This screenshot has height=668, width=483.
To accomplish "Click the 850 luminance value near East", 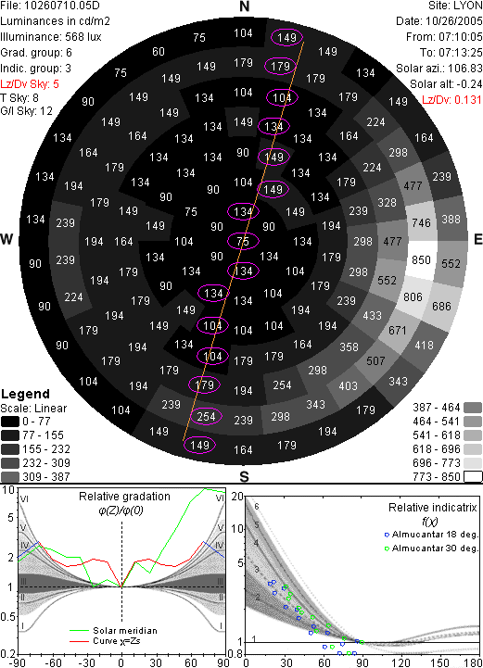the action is pyautogui.click(x=421, y=259).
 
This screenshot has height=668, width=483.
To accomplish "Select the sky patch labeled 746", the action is pyautogui.click(x=421, y=222).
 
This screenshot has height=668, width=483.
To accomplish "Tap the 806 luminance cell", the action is pyautogui.click(x=413, y=296).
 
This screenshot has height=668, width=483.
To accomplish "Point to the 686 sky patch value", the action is pyautogui.click(x=441, y=307).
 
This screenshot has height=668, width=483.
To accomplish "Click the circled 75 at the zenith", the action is pyautogui.click(x=243, y=242).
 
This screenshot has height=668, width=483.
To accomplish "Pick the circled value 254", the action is pyautogui.click(x=206, y=416).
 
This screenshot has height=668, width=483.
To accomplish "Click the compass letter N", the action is pyautogui.click(x=244, y=6).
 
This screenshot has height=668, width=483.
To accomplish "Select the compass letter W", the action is pyautogui.click(x=6, y=239).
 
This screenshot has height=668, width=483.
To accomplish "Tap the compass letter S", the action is pyautogui.click(x=244, y=476).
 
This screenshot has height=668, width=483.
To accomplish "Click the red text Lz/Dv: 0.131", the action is pyautogui.click(x=451, y=100).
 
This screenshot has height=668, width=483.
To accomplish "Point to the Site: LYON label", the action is pyautogui.click(x=455, y=6).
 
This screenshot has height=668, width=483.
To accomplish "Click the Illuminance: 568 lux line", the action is pyautogui.click(x=51, y=37).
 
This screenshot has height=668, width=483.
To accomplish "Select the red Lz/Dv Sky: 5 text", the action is pyautogui.click(x=30, y=84).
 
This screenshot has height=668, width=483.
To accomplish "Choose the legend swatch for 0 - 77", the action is pyautogui.click(x=10, y=422).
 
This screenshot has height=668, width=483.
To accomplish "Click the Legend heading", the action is pyautogui.click(x=25, y=394).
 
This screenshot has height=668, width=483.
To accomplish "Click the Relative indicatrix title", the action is pyautogui.click(x=432, y=508).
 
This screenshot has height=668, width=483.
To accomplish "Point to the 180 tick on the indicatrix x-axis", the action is pyautogui.click(x=473, y=662).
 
